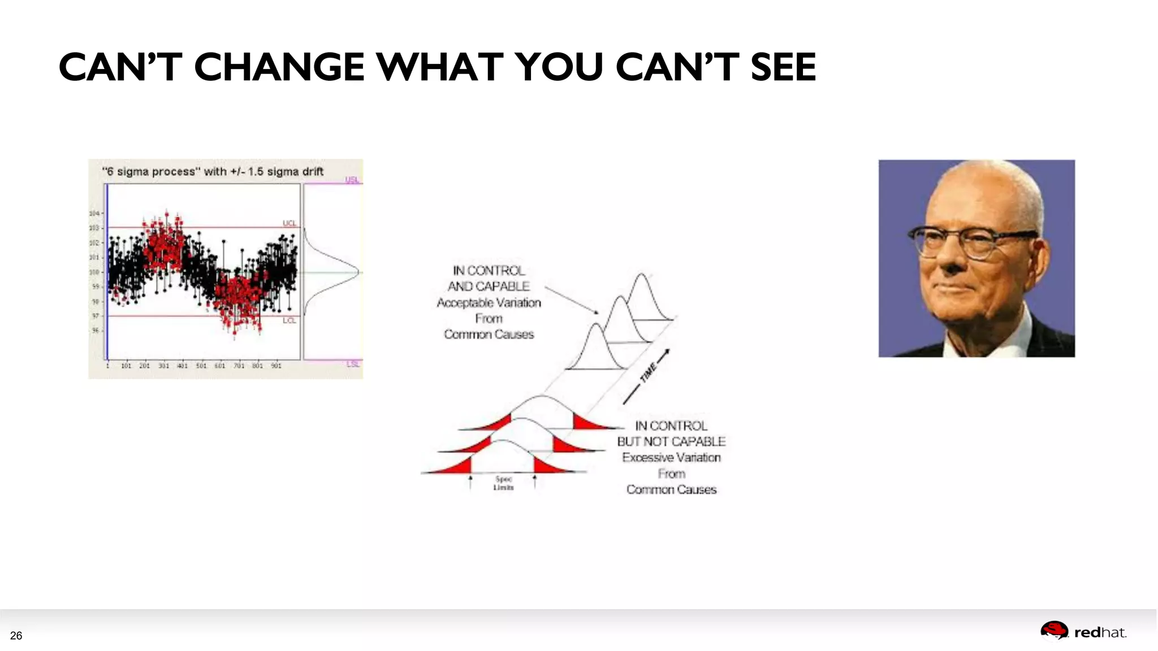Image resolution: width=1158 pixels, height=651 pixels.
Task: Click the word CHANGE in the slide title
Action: pyautogui.click(x=279, y=67)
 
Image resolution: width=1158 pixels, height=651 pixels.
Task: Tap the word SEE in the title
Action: pyautogui.click(x=783, y=67)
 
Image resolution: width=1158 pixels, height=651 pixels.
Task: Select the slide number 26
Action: pyautogui.click(x=16, y=636)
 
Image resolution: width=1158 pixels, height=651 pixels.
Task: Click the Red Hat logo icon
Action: pyautogui.click(x=1054, y=631)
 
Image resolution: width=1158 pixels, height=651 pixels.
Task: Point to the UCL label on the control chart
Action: pyautogui.click(x=289, y=223)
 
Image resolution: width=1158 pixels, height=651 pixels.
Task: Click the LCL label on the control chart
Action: pyautogui.click(x=289, y=320)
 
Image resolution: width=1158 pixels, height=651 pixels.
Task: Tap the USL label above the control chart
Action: pyautogui.click(x=352, y=180)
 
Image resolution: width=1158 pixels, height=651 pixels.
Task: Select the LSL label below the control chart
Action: pyautogui.click(x=352, y=364)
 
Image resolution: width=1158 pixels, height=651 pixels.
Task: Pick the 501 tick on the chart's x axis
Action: pyautogui.click(x=201, y=366)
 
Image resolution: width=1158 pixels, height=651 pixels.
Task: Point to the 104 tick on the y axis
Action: pyautogui.click(x=94, y=213)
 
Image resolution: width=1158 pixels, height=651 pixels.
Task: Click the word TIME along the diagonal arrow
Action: pyautogui.click(x=648, y=372)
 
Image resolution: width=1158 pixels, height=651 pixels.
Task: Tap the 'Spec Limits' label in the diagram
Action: pyautogui.click(x=503, y=483)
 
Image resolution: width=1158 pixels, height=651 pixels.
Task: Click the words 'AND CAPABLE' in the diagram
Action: pyautogui.click(x=489, y=287)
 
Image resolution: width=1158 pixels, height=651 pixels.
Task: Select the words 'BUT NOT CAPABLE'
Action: pyautogui.click(x=671, y=441)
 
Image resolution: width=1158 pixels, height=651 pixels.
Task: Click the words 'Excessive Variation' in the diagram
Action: pyautogui.click(x=671, y=457)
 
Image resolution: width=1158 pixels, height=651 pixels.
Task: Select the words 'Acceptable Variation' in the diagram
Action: pyautogui.click(x=489, y=303)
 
